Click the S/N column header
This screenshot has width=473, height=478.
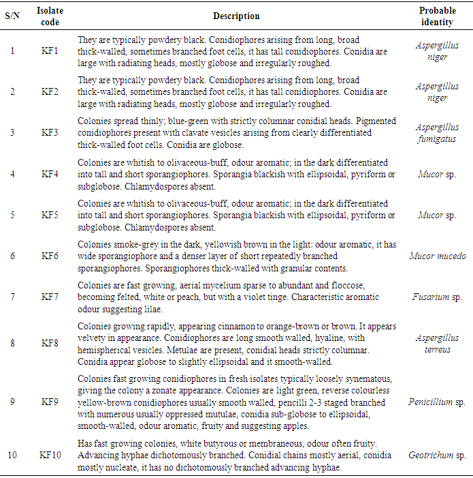point(12,16)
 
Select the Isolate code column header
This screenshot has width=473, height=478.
point(50,16)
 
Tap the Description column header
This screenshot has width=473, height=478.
point(236,16)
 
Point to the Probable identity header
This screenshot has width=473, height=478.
point(438,16)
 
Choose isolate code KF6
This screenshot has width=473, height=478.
point(50,256)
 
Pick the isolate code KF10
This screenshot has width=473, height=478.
point(50,455)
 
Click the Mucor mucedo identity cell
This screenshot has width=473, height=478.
point(438,256)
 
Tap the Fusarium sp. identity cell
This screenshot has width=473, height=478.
point(438,297)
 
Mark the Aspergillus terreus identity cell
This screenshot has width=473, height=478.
point(438,344)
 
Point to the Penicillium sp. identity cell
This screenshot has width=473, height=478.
point(438,402)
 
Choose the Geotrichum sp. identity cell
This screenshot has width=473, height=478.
point(438,455)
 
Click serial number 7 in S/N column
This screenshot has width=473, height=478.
point(12,297)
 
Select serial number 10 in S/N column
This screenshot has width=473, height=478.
point(12,455)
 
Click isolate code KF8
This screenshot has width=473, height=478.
point(50,344)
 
